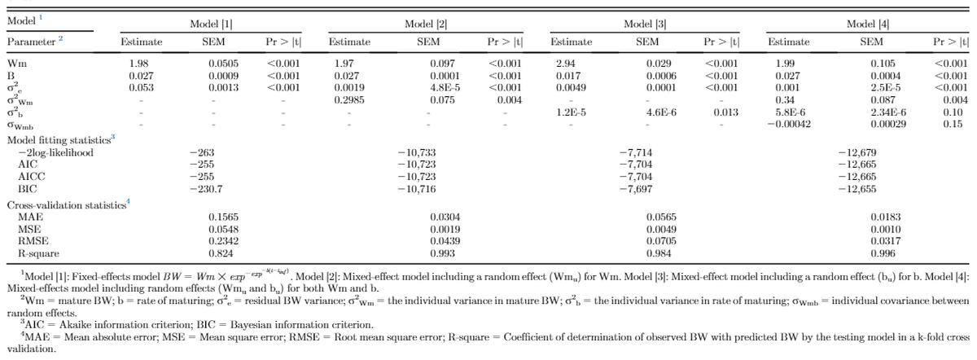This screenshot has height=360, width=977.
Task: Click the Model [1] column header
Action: click(211, 25)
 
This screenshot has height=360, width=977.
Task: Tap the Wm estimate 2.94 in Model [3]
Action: click(564, 63)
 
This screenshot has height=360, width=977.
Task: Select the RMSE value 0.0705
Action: click(661, 242)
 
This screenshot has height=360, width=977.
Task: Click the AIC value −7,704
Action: click(635, 164)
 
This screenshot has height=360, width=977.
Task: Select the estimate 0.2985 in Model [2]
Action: click(348, 99)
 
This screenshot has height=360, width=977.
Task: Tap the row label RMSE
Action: click(32, 242)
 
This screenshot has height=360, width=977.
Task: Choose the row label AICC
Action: click(31, 176)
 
